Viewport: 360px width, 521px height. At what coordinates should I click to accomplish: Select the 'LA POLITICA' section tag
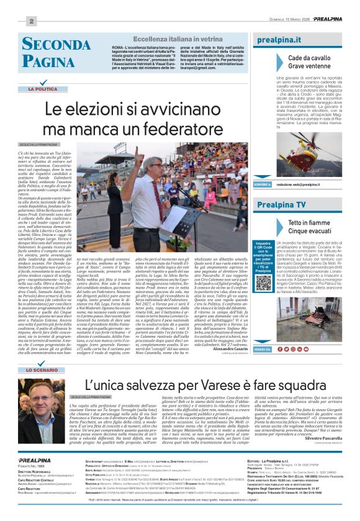coord(47,89)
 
